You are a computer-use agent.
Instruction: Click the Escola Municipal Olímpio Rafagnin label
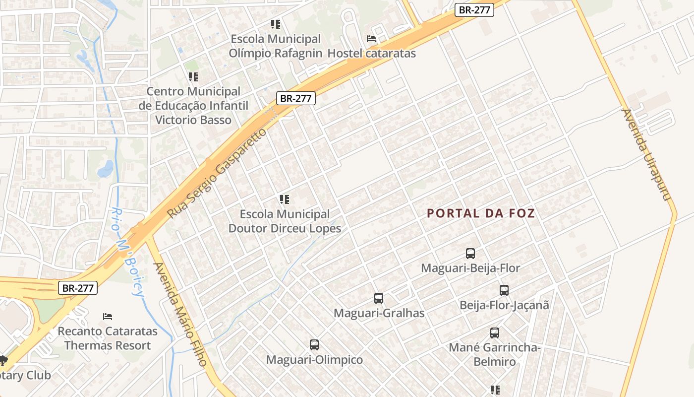point(275,46)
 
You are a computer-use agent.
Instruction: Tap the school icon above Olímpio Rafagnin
point(276,24)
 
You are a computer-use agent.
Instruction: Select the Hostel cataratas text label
point(372,53)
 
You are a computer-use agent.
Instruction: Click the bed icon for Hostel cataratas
point(371,38)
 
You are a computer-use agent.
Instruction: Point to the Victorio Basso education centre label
point(193,106)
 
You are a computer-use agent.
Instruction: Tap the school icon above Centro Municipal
point(193,76)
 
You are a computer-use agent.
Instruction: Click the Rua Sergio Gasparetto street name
point(217,173)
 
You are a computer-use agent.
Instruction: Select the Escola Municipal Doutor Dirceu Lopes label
point(285,221)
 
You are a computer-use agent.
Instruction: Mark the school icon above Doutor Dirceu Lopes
point(285,199)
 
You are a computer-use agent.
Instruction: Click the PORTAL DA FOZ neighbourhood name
point(481,213)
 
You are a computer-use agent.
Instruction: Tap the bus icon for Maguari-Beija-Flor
point(470,254)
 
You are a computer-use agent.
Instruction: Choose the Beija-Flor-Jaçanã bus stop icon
point(504,290)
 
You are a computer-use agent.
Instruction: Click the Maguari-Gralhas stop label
point(379,313)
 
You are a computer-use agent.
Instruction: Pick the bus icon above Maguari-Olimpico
point(314,344)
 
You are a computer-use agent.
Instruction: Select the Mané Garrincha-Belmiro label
point(494,354)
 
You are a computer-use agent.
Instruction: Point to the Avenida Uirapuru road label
point(646,155)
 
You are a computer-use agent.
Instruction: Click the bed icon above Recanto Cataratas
point(108,316)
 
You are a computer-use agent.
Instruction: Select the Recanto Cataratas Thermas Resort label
point(108,338)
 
